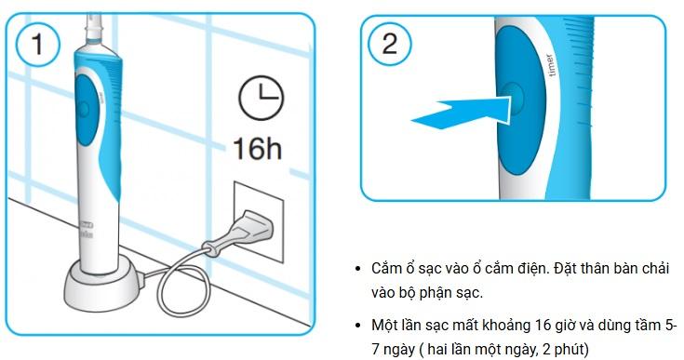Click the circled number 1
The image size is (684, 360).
[x=37, y=44]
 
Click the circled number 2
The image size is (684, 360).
[x=389, y=44]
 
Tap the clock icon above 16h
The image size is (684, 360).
[x=261, y=98]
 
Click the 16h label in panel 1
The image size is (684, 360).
[x=258, y=148]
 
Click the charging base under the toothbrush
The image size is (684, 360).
[x=104, y=286]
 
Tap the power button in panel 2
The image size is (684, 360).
[x=512, y=98]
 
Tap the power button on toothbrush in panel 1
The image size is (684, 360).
[x=83, y=108]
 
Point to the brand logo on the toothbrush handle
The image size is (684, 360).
[x=87, y=229]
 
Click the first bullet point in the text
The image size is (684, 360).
[x=358, y=269]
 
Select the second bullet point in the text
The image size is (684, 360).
[x=358, y=326]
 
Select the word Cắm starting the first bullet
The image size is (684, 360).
[x=386, y=269]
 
